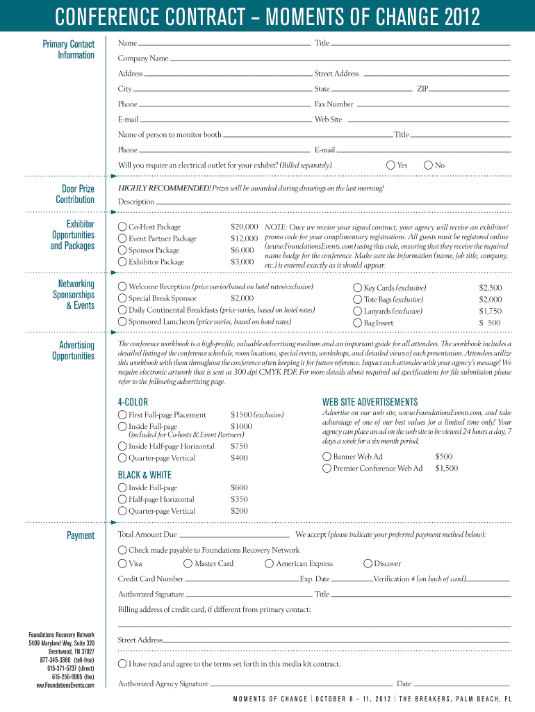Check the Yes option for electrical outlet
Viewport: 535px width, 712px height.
pos(390,165)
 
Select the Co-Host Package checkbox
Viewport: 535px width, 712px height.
pos(122,227)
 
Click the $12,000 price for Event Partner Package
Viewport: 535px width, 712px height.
pos(244,238)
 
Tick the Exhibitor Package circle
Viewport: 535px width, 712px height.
pos(122,262)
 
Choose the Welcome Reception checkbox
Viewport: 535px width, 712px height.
pos(122,286)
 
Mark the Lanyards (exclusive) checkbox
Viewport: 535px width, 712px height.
pos(358,311)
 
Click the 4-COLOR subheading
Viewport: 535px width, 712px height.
pos(133,402)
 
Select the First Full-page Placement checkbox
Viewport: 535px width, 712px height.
pos(122,414)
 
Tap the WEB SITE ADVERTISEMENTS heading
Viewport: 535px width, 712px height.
pos(370,402)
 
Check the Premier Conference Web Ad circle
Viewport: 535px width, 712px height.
pos(327,469)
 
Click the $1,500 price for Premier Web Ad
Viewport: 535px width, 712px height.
pos(446,469)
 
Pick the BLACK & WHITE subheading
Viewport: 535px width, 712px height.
pos(145,475)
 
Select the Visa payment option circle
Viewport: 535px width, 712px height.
pos(122,563)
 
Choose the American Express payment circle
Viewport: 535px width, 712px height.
pos(270,563)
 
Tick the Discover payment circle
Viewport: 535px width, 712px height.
pos(368,563)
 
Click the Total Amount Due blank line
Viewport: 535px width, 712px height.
pos(234,535)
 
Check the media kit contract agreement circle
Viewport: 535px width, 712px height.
pos(122,663)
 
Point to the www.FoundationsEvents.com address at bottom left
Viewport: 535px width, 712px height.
pos(65,686)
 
